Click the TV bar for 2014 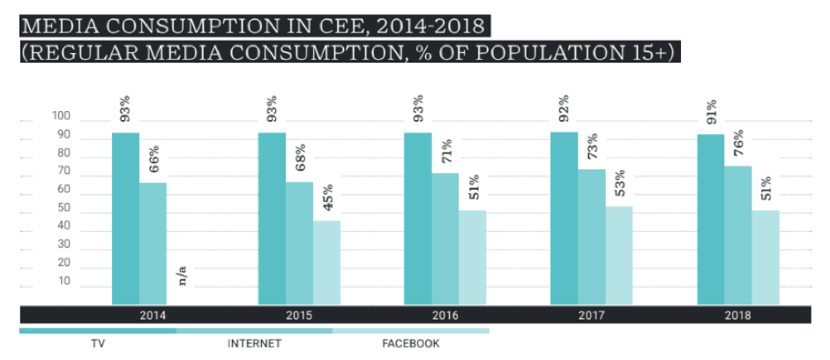tap(125, 219)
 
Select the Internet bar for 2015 tap(299, 244)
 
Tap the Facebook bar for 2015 tap(326, 262)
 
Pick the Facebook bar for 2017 tap(619, 256)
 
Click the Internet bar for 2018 tap(737, 236)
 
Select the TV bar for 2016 tap(417, 219)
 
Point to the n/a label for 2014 tap(183, 277)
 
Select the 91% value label tap(711, 112)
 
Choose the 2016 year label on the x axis tap(444, 314)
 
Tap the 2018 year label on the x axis tap(737, 314)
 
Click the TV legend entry tap(98, 342)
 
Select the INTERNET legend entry tap(254, 342)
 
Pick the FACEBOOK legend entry tap(410, 342)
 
